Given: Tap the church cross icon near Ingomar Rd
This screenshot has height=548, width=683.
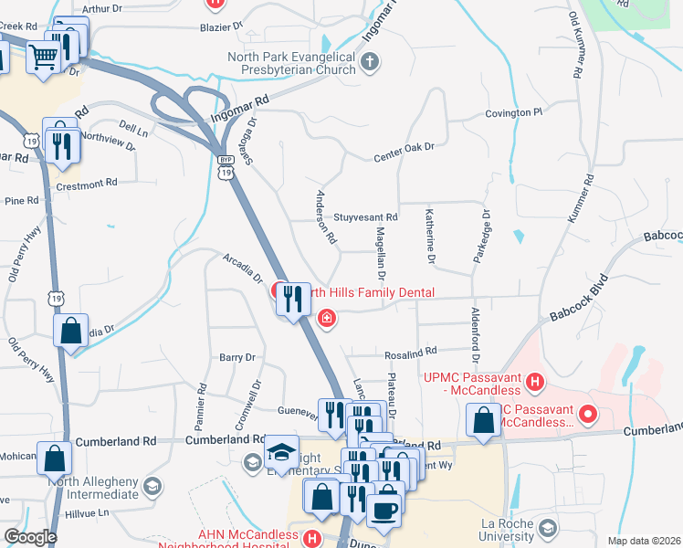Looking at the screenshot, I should pos(370,62).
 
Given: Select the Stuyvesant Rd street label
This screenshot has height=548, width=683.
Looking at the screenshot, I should pos(365,217).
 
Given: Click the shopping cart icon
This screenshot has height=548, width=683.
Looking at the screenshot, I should pos(43,58).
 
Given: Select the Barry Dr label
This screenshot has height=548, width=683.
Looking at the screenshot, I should pos(236,358).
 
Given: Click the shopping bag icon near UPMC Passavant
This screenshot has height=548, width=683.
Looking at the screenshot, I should pos(481,420).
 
